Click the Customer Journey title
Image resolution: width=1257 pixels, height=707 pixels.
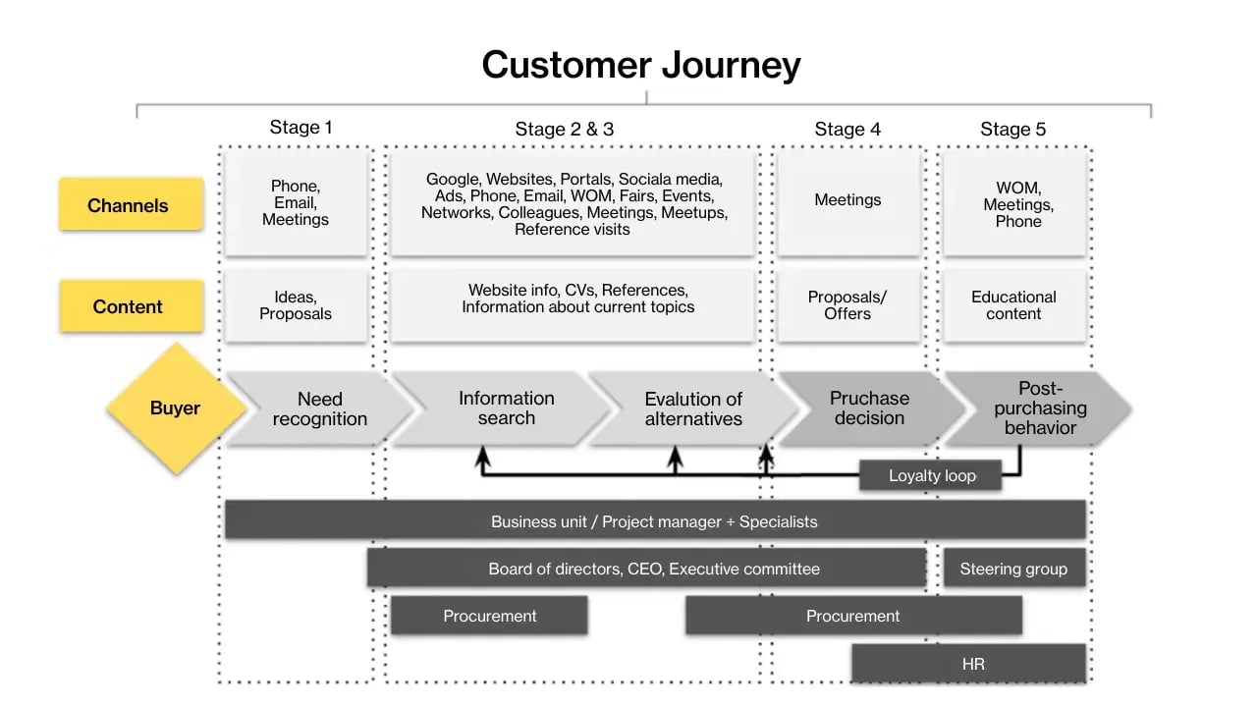pyautogui.click(x=640, y=65)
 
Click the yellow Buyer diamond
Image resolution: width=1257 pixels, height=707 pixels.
pyautogui.click(x=175, y=408)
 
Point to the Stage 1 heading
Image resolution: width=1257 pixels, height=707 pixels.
pyautogui.click(x=301, y=128)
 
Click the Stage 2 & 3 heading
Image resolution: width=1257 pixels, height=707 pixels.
pyautogui.click(x=564, y=129)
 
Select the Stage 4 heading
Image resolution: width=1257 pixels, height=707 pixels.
pyautogui.click(x=847, y=129)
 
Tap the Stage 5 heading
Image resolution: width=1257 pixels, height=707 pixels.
pyautogui.click(x=1012, y=129)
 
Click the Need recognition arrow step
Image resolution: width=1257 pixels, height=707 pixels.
pyautogui.click(x=319, y=408)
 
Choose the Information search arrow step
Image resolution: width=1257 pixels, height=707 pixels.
pyautogui.click(x=506, y=408)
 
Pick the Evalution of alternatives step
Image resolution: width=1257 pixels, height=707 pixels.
pyautogui.click(x=692, y=408)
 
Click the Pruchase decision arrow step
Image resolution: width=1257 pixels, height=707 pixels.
pyautogui.click(x=869, y=408)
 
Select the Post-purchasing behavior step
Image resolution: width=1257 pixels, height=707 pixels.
pyautogui.click(x=1040, y=408)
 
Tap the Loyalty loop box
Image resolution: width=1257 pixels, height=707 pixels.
pyautogui.click(x=931, y=475)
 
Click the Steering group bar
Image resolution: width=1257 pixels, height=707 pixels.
pyautogui.click(x=1013, y=569)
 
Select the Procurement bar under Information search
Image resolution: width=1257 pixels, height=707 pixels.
pyautogui.click(x=489, y=616)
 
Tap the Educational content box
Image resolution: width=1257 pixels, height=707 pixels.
pyautogui.click(x=1013, y=305)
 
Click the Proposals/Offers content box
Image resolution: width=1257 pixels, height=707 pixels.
pyautogui.click(x=847, y=305)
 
